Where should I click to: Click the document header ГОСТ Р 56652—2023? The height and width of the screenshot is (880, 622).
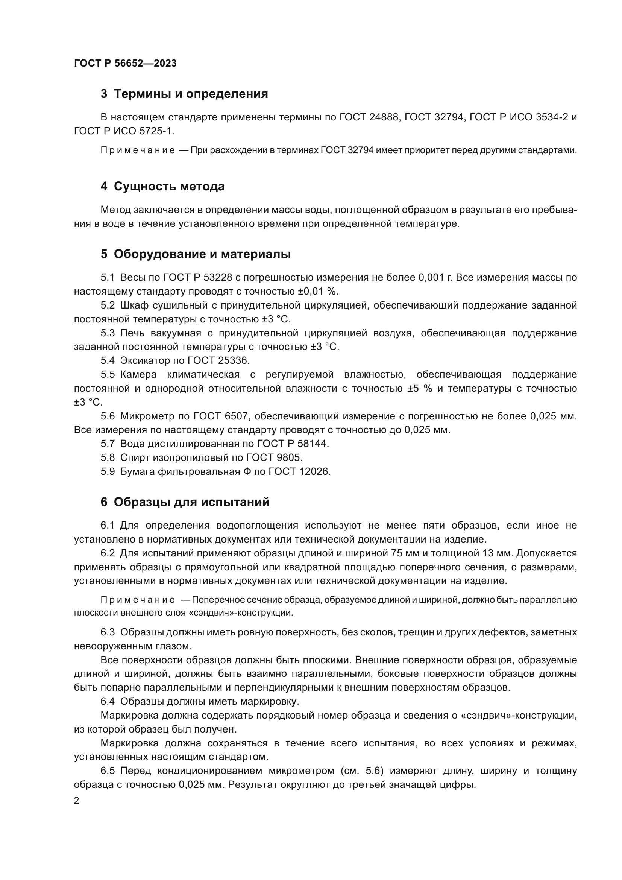125,63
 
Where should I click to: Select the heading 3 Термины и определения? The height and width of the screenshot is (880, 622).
184,94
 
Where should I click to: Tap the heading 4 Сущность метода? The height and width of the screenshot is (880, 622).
162,187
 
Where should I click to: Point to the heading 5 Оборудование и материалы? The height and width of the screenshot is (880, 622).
195,254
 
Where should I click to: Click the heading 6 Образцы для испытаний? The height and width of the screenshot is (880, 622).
185,502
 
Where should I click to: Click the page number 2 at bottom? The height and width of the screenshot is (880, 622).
77,801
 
